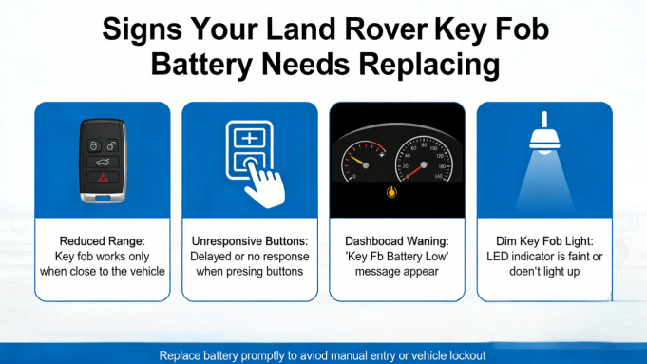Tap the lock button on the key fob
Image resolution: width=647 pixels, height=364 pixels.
coord(94,146)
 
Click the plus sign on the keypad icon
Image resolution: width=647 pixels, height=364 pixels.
coord(250,139)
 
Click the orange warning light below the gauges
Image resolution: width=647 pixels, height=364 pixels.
coord(390,192)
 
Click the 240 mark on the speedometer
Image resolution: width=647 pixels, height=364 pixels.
coord(438,177)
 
